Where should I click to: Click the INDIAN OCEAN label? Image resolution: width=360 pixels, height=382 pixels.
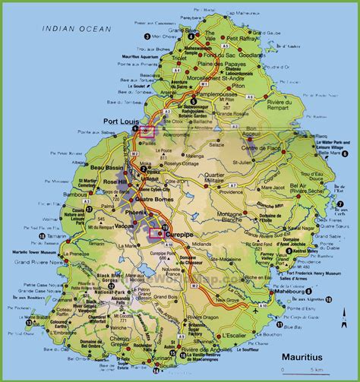point(76,29)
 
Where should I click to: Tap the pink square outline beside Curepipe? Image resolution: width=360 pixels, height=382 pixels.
point(160,233)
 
